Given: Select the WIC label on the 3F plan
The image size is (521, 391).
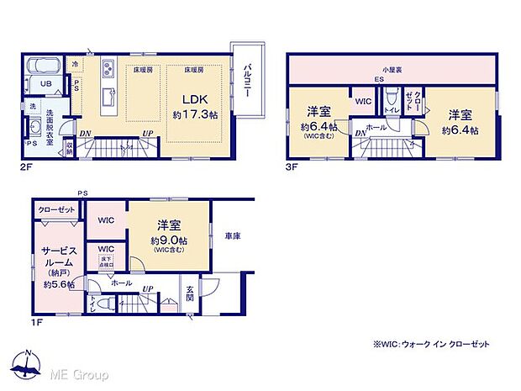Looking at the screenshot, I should coord(363,101).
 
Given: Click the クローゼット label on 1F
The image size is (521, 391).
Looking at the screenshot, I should coord(56,209).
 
